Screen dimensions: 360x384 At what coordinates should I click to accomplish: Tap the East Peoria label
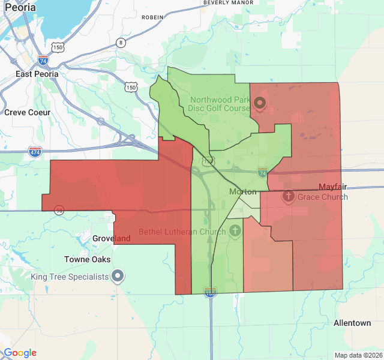(37, 74)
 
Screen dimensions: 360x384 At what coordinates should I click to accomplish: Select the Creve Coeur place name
(28, 112)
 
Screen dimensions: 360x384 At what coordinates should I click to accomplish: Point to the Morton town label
(243, 191)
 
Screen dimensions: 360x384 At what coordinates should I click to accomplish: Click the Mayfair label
(334, 187)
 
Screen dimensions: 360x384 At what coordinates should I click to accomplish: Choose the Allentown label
(352, 323)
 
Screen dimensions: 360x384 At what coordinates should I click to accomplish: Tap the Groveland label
(112, 238)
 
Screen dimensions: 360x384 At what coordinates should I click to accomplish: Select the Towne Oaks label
(88, 259)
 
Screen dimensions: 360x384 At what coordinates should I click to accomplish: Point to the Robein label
(152, 17)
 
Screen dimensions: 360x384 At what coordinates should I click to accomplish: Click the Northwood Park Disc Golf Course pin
(260, 103)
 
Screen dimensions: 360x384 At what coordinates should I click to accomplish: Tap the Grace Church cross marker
(288, 196)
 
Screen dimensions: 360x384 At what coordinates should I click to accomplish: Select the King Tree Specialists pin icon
(118, 277)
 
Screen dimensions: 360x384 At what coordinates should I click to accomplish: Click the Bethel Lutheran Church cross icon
(235, 230)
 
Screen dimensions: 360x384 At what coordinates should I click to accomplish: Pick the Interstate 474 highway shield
(35, 151)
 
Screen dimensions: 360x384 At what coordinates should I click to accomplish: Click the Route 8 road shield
(121, 43)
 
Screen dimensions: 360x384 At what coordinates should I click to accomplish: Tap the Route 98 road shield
(59, 210)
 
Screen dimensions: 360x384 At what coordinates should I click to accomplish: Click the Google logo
(20, 353)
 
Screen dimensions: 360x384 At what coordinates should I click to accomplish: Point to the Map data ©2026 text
(358, 355)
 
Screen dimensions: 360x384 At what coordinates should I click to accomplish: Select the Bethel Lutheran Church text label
(182, 231)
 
